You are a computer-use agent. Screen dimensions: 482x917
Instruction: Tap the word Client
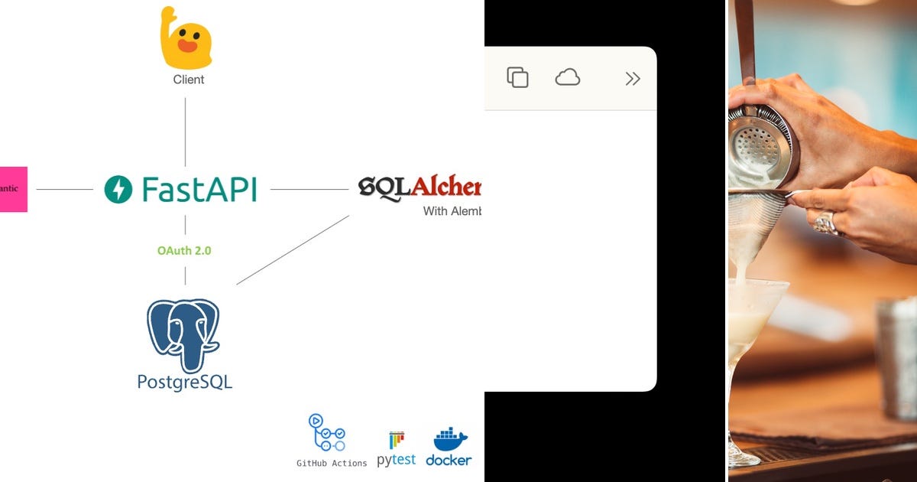188,80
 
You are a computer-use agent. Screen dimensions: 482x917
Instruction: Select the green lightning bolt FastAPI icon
118,189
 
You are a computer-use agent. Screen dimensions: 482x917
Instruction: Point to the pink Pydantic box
13,189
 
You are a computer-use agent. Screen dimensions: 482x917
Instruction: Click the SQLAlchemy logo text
420,187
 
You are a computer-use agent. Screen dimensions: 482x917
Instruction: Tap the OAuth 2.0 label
184,250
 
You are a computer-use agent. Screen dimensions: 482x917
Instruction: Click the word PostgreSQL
184,381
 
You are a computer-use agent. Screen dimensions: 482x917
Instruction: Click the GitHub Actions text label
332,463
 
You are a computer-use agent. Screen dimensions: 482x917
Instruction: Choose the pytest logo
396,450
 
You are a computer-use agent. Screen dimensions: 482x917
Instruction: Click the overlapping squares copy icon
517,77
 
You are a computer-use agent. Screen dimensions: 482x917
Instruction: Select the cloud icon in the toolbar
567,77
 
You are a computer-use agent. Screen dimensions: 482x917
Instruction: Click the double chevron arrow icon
632,78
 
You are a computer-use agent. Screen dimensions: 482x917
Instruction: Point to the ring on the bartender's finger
825,223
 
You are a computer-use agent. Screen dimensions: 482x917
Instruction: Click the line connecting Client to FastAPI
185,132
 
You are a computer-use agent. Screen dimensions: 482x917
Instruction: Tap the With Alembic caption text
452,210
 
